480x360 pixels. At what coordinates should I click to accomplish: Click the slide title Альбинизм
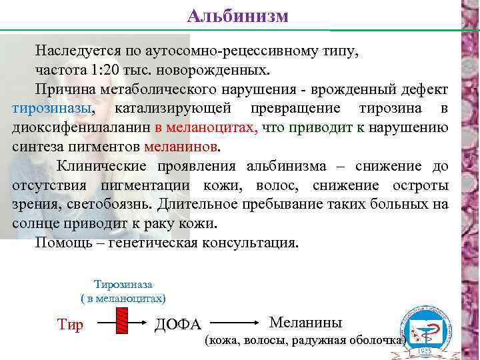pos(237,15)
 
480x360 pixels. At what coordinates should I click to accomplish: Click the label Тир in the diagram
pos(70,325)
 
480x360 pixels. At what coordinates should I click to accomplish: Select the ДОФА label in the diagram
pos(177,325)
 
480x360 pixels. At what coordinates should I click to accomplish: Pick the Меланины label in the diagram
pos(305,323)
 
